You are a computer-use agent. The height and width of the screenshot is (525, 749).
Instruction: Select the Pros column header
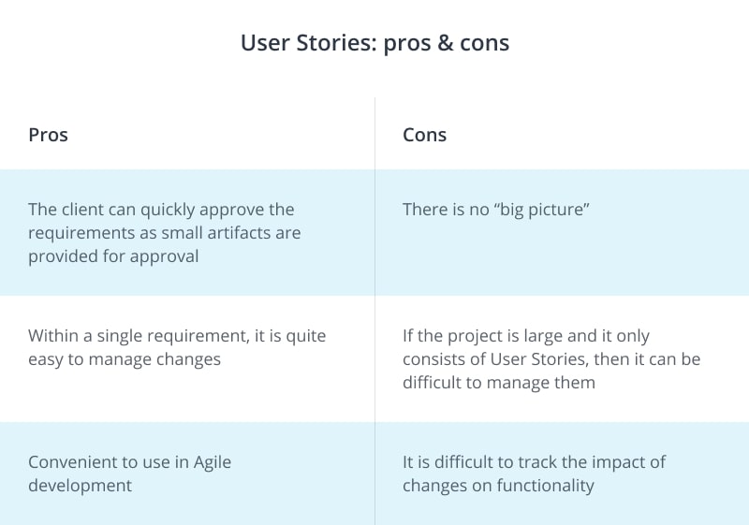coord(48,135)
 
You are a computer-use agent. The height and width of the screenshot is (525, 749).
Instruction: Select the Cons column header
coord(424,135)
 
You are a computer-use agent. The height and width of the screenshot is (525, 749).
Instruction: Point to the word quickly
coord(178,210)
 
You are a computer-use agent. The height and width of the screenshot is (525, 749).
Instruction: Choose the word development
coord(80,486)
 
